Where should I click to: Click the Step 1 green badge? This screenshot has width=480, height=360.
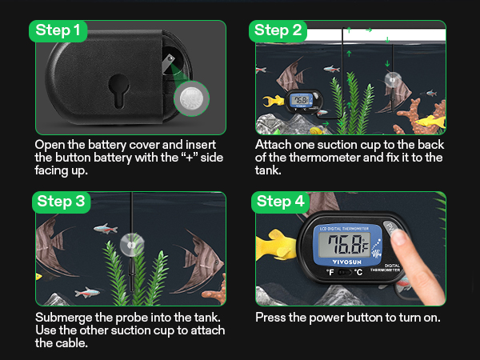[x=58, y=31]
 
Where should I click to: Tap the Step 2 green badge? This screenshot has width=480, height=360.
[x=278, y=31]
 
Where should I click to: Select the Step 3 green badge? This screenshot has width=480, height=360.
[x=62, y=202]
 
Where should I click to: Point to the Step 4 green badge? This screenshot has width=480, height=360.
[x=281, y=202]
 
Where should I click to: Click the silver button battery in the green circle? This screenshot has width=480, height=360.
[x=192, y=98]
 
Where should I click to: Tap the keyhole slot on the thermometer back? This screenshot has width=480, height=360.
[x=118, y=91]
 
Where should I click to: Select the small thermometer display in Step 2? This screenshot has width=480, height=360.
[x=300, y=101]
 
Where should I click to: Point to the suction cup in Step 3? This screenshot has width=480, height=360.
[x=132, y=245]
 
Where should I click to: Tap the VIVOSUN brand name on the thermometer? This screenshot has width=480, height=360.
[x=347, y=262]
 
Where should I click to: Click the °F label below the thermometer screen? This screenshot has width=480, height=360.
[x=330, y=272]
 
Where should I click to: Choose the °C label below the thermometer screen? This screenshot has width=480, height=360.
[x=358, y=272]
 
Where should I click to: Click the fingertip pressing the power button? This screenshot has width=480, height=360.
[x=399, y=238]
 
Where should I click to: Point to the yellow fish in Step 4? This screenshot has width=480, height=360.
[x=277, y=246]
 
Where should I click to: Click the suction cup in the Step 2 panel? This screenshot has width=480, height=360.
[x=392, y=79]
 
